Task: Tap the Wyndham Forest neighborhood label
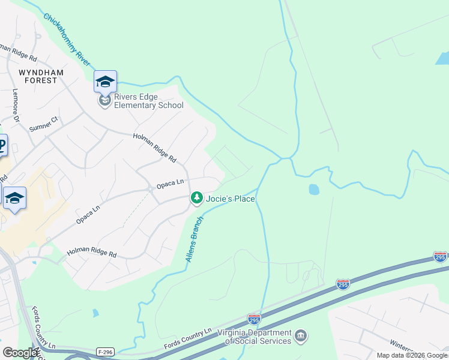tap(38, 76)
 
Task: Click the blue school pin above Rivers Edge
tap(105, 81)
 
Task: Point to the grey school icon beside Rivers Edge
tap(105, 101)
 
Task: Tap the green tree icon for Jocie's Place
tap(196, 197)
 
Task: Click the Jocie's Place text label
tap(231, 199)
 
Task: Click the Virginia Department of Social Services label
tap(254, 337)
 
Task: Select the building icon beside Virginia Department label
tap(301, 335)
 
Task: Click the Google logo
tap(20, 353)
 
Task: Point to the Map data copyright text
tap(412, 355)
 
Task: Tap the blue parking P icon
tap(2, 145)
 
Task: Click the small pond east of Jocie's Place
tap(313, 190)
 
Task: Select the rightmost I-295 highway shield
tap(440, 257)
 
